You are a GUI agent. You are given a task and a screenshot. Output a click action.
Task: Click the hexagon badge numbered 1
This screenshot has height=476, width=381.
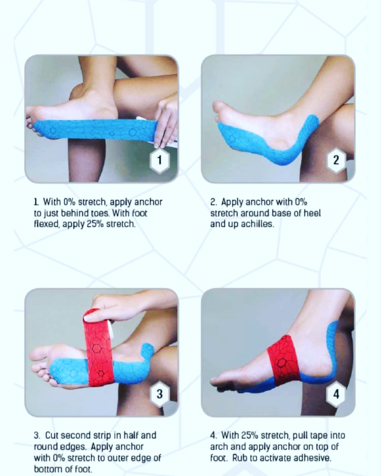coord(159,160)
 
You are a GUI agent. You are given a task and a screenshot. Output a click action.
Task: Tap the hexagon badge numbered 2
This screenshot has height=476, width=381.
coord(336,160)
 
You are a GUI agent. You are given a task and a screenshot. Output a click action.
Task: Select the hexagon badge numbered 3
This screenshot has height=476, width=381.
coord(159,394)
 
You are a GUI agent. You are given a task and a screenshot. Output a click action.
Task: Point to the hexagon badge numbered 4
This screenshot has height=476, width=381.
coord(336,394)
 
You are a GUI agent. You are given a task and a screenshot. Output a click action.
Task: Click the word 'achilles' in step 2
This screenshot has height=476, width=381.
coord(257,224)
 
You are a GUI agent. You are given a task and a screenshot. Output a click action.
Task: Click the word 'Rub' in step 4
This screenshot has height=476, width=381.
coord(240,458)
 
